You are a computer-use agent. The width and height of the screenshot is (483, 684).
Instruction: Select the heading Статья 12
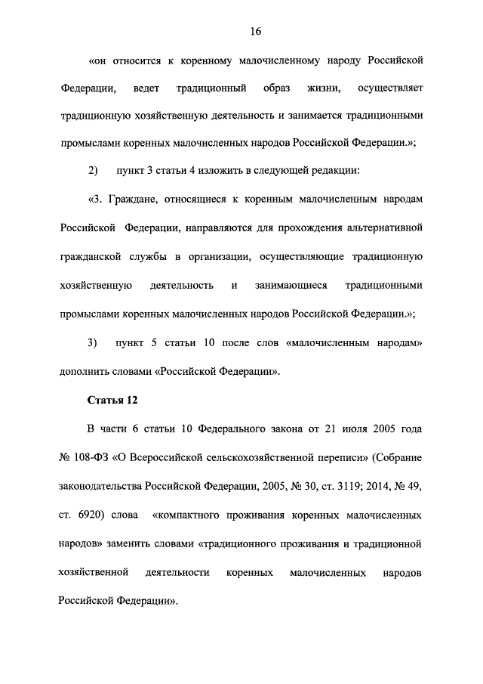click(x=112, y=400)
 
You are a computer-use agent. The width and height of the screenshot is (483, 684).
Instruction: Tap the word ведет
click(x=146, y=90)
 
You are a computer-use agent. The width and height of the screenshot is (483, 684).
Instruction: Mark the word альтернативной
click(x=383, y=227)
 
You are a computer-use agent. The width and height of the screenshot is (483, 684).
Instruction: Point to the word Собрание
click(x=393, y=457)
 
